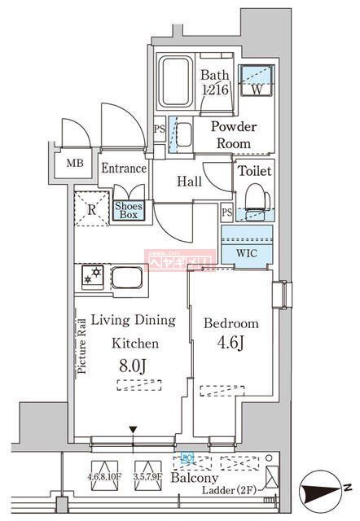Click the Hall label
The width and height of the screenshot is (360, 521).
click(x=189, y=182)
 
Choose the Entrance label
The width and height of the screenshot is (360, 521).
click(x=123, y=169)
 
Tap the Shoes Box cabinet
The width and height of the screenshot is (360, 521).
click(x=129, y=211)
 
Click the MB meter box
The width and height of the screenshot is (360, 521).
click(x=75, y=163)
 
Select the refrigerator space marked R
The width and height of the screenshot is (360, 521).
click(x=91, y=208)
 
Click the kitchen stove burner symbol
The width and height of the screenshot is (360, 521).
click(x=91, y=278)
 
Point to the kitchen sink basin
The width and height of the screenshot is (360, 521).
click(x=128, y=278)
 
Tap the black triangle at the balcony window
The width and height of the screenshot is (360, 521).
click(x=133, y=429)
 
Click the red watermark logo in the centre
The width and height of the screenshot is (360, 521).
click(x=178, y=260)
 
